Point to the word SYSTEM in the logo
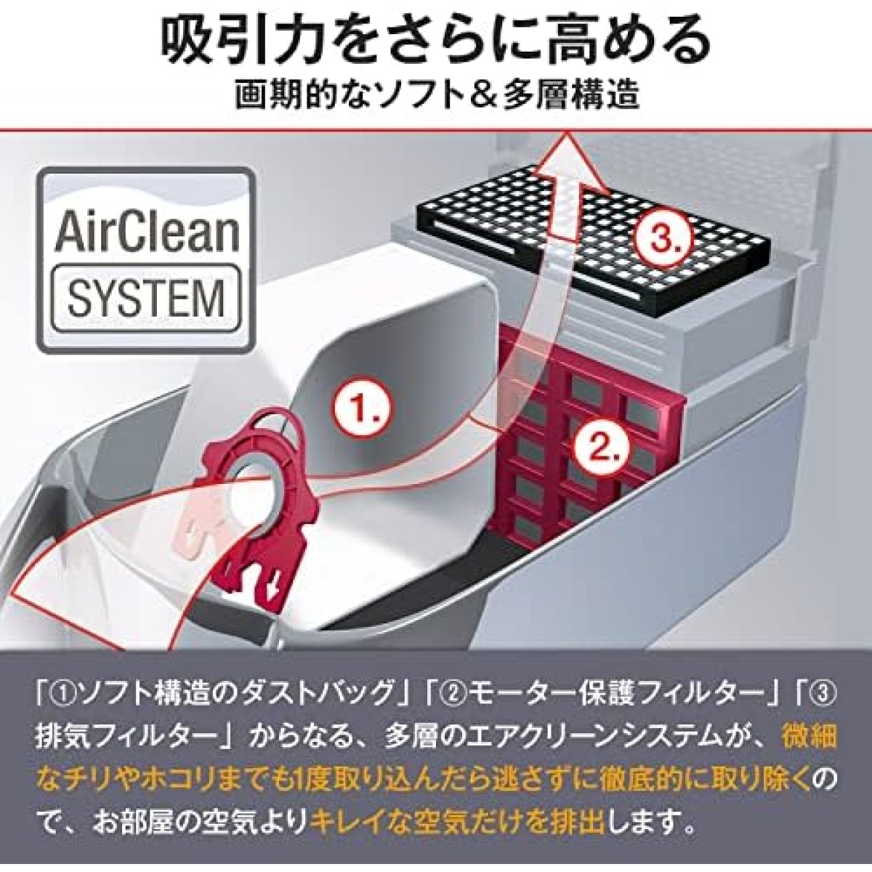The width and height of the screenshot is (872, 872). tap(146, 297)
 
